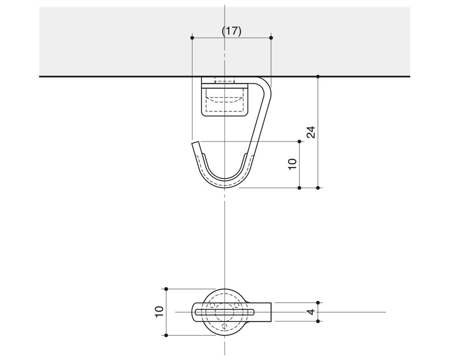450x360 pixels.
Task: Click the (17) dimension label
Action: pyautogui.click(x=231, y=31)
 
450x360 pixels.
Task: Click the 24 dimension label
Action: pyautogui.click(x=311, y=132)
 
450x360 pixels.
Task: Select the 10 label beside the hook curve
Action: pyautogui.click(x=292, y=164)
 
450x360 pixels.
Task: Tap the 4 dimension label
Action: pyautogui.click(x=311, y=312)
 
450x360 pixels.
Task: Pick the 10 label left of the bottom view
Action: pyautogui.click(x=159, y=312)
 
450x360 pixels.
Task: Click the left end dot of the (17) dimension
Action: pyautogui.click(x=192, y=37)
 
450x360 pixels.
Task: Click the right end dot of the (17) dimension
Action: pyautogui.click(x=271, y=37)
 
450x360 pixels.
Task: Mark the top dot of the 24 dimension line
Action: pyautogui.click(x=318, y=76)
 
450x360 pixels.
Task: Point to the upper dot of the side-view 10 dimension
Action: pyautogui.click(x=299, y=141)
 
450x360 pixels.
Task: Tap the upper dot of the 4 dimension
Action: pyautogui.click(x=318, y=303)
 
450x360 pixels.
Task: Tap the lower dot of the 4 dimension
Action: pyautogui.click(x=318, y=321)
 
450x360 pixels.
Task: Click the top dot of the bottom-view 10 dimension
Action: pyautogui.click(x=166, y=289)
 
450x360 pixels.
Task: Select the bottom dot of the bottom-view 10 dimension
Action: pyautogui.click(x=166, y=335)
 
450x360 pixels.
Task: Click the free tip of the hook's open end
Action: pyautogui.click(x=195, y=143)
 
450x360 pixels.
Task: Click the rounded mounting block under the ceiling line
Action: pyautogui.click(x=225, y=101)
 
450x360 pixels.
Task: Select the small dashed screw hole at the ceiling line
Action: pyautogui.click(x=225, y=80)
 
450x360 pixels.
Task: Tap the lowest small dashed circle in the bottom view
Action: pyautogui.click(x=225, y=326)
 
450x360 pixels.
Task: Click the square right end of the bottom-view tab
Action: pyautogui.click(x=270, y=312)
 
